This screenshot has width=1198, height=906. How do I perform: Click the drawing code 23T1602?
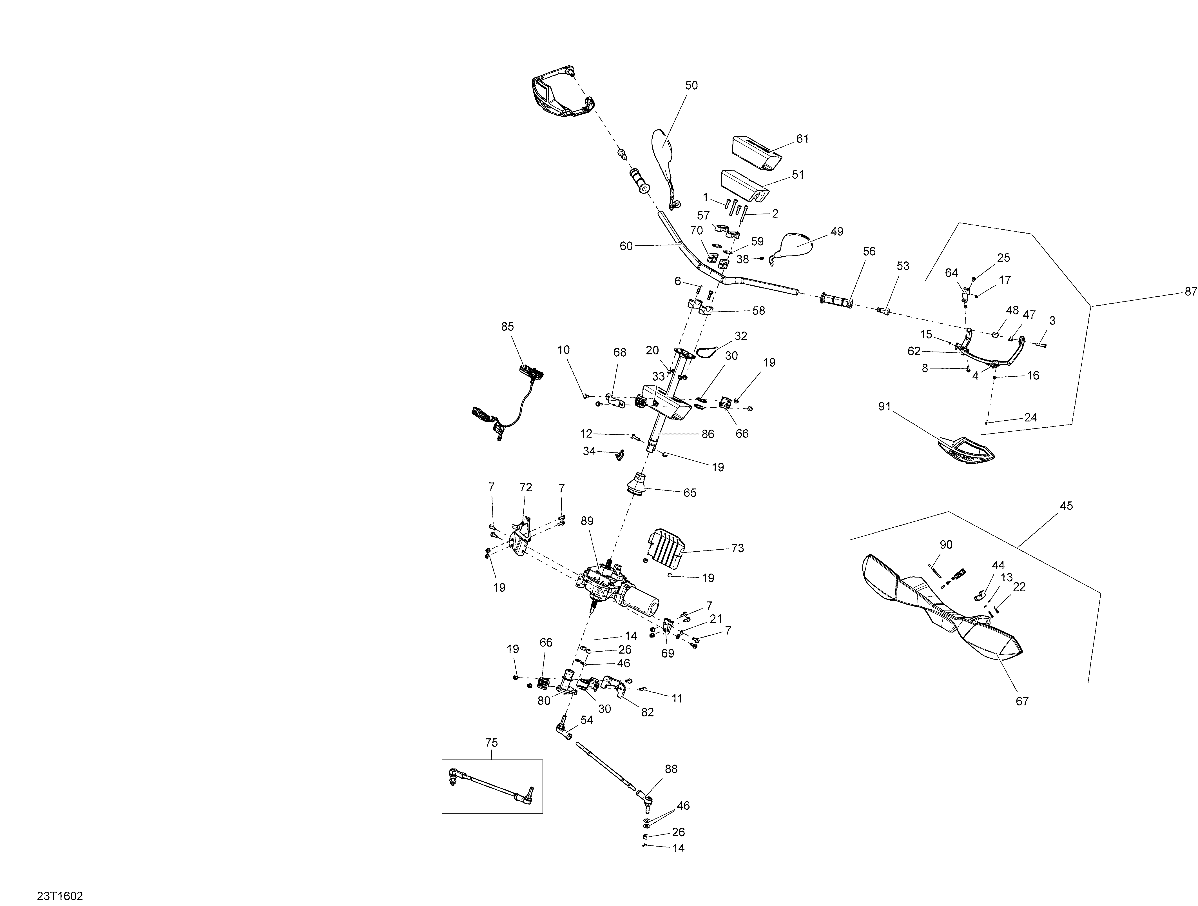tap(60, 896)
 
